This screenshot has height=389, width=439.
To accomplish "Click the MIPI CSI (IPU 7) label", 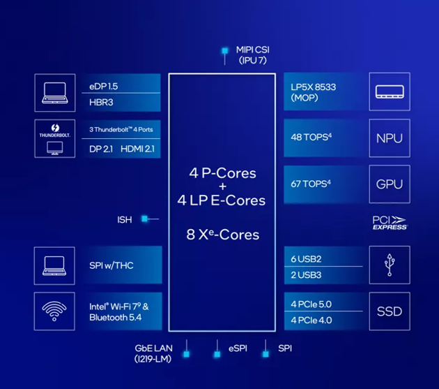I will [252, 54].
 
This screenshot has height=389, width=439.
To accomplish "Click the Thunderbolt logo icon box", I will [54, 138].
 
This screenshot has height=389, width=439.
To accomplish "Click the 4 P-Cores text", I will [222, 173].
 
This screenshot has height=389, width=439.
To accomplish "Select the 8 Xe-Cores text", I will [222, 234].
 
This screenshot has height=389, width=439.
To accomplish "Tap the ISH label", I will [124, 220].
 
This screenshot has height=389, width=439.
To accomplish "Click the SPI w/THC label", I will [111, 265].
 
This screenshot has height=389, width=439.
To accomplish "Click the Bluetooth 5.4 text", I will [116, 318].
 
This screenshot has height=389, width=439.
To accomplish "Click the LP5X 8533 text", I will [314, 87].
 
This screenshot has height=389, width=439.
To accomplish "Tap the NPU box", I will [389, 138].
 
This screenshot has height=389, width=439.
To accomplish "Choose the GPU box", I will [389, 184].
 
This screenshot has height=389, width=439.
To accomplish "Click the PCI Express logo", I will [390, 223].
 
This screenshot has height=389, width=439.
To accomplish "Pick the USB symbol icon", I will [389, 265].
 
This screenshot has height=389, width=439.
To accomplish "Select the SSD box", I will [389, 311].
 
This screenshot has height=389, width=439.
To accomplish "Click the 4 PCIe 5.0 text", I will [311, 304].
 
